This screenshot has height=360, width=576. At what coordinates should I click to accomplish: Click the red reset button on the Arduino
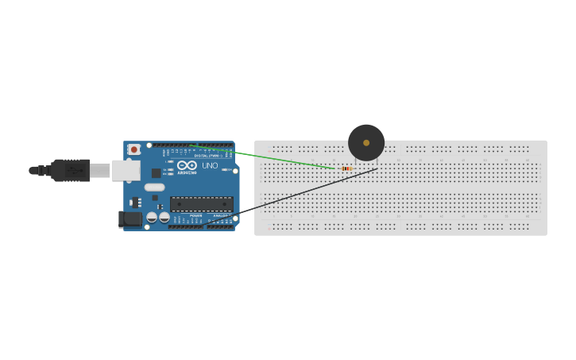click(x=134, y=149)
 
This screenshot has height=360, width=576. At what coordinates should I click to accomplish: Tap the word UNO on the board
click(x=210, y=165)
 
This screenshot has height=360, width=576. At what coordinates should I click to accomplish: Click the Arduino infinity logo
click(x=187, y=165)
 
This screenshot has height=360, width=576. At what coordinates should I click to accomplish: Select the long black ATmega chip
click(x=201, y=203)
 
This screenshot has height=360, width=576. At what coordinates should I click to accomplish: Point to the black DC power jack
click(x=129, y=219)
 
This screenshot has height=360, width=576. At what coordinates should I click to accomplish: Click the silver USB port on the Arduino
click(x=126, y=170)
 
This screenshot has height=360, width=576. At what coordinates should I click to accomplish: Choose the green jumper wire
click(x=262, y=157)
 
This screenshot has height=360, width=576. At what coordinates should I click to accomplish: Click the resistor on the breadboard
click(x=346, y=168)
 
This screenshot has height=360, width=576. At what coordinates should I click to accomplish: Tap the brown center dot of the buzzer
click(x=366, y=143)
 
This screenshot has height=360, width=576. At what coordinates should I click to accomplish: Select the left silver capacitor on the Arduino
click(x=152, y=217)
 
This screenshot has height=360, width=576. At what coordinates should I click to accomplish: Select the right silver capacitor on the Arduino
click(x=164, y=217)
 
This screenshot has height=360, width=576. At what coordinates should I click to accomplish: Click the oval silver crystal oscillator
click(x=154, y=188)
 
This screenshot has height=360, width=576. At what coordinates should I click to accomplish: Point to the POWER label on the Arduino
click(x=195, y=215)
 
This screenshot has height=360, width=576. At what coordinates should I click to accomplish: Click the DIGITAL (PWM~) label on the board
click(x=207, y=156)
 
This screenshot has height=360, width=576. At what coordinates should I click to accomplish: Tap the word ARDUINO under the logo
click(x=187, y=172)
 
